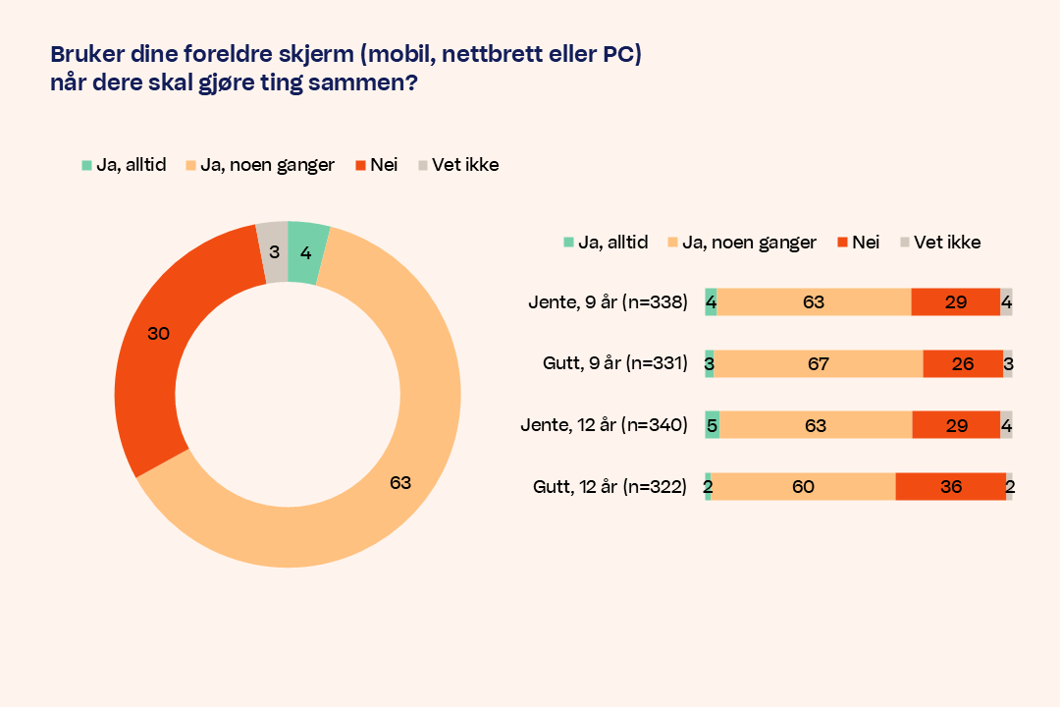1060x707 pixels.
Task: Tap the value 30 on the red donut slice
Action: [x=158, y=333]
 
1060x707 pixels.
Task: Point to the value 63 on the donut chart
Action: [x=399, y=482]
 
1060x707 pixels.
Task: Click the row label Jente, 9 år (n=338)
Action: [x=609, y=302]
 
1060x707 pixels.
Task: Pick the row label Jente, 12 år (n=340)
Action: [x=605, y=425]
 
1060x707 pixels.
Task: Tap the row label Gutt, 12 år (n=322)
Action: [x=609, y=486]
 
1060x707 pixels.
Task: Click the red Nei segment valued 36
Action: [x=950, y=486]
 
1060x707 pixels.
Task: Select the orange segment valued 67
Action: [x=818, y=364]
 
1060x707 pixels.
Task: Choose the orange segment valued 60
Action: [x=803, y=486]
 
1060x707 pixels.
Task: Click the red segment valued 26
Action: [x=962, y=364]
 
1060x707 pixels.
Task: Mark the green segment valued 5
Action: [x=712, y=425]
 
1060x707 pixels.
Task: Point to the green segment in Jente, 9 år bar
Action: [x=711, y=302]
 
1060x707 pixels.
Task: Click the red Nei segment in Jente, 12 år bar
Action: [x=955, y=425]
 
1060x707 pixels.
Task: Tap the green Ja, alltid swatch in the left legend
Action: [x=86, y=165]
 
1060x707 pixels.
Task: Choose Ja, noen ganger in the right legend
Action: [x=749, y=242]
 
